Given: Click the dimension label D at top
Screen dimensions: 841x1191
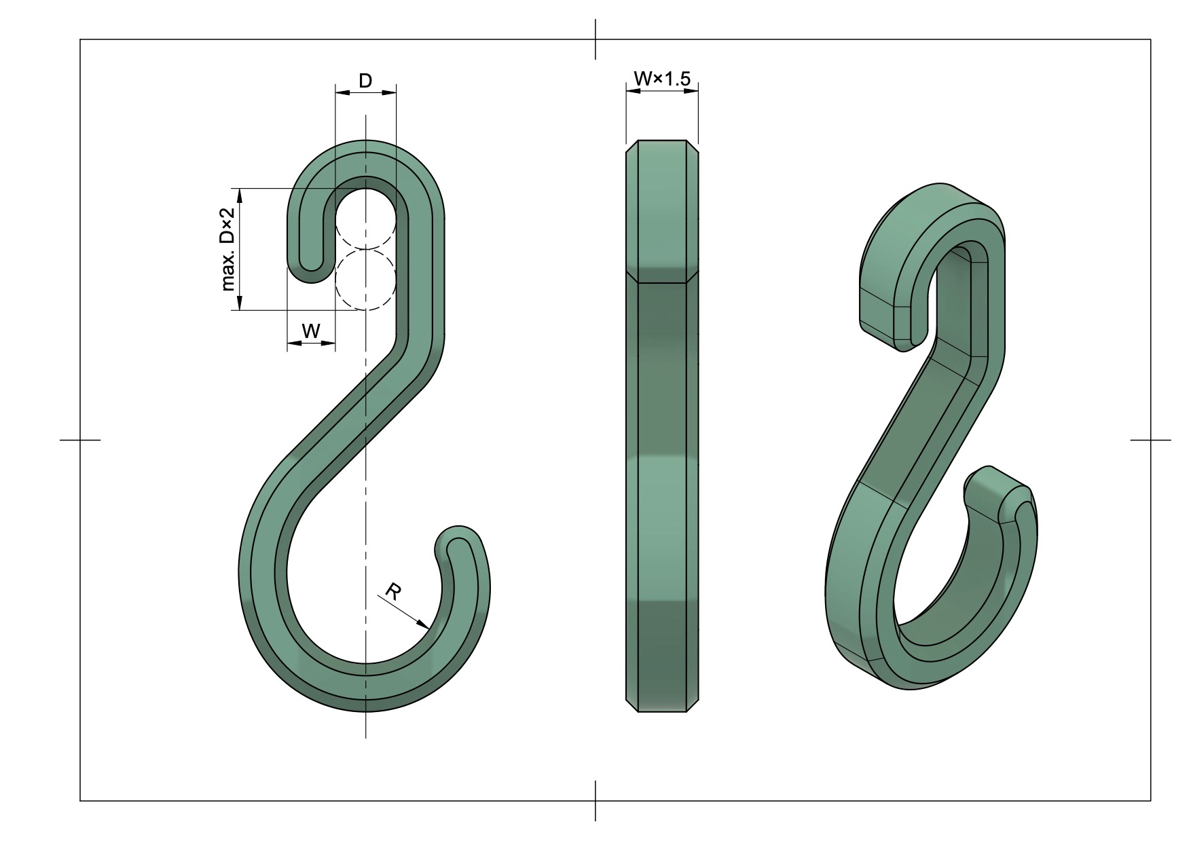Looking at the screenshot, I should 365,81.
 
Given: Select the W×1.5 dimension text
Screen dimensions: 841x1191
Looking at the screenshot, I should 661,79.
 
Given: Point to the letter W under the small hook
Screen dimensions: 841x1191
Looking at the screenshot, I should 310,331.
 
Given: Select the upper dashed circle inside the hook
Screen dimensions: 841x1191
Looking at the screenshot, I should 365,219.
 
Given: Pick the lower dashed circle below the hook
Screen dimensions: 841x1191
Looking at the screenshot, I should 365,279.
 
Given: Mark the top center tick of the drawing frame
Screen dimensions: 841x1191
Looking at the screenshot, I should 595,39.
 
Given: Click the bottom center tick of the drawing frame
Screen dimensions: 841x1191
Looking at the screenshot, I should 595,801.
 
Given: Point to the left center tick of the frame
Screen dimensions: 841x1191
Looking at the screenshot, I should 80,440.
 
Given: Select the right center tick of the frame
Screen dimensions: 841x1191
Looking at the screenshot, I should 1150,440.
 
